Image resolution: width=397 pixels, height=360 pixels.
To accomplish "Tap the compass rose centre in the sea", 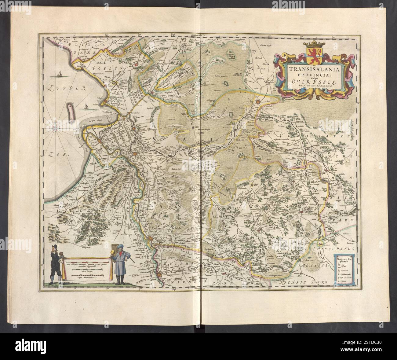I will (56, 125).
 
